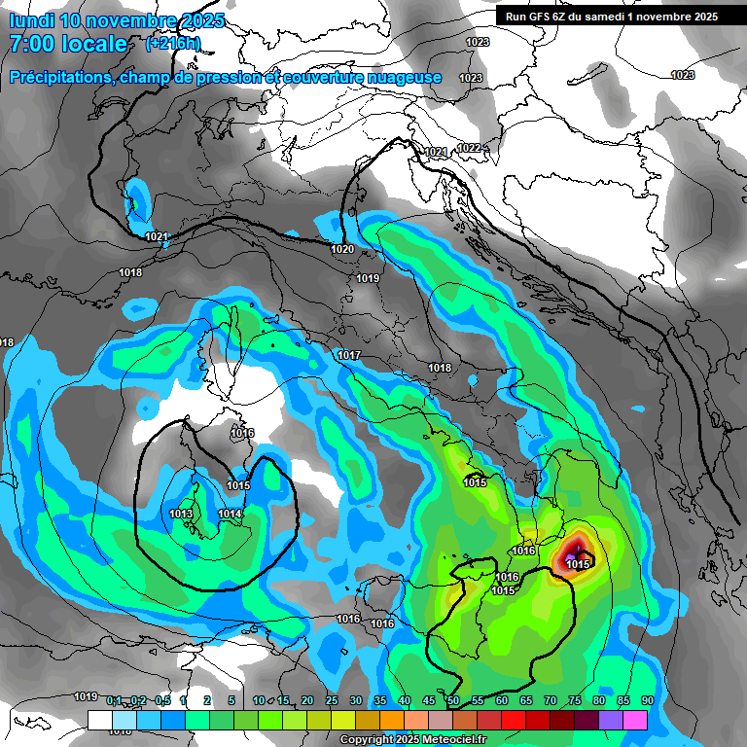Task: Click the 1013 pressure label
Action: point(180,514)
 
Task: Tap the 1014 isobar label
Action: point(230,514)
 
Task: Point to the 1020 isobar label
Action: point(342,249)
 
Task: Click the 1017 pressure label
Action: point(349,355)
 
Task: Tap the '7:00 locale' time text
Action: point(68,44)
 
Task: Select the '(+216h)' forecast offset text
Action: point(173,44)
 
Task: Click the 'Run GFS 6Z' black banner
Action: point(608,16)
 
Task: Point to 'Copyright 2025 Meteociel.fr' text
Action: point(412,740)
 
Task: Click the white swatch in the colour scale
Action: point(99,720)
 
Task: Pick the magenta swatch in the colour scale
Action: point(635,720)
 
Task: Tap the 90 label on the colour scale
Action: point(647,700)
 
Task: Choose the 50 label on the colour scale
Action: point(453,700)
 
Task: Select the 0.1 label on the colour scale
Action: point(114,700)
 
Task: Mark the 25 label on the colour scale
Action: point(332,700)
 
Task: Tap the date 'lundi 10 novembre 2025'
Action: point(117,20)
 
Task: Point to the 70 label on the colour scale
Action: point(551,700)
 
